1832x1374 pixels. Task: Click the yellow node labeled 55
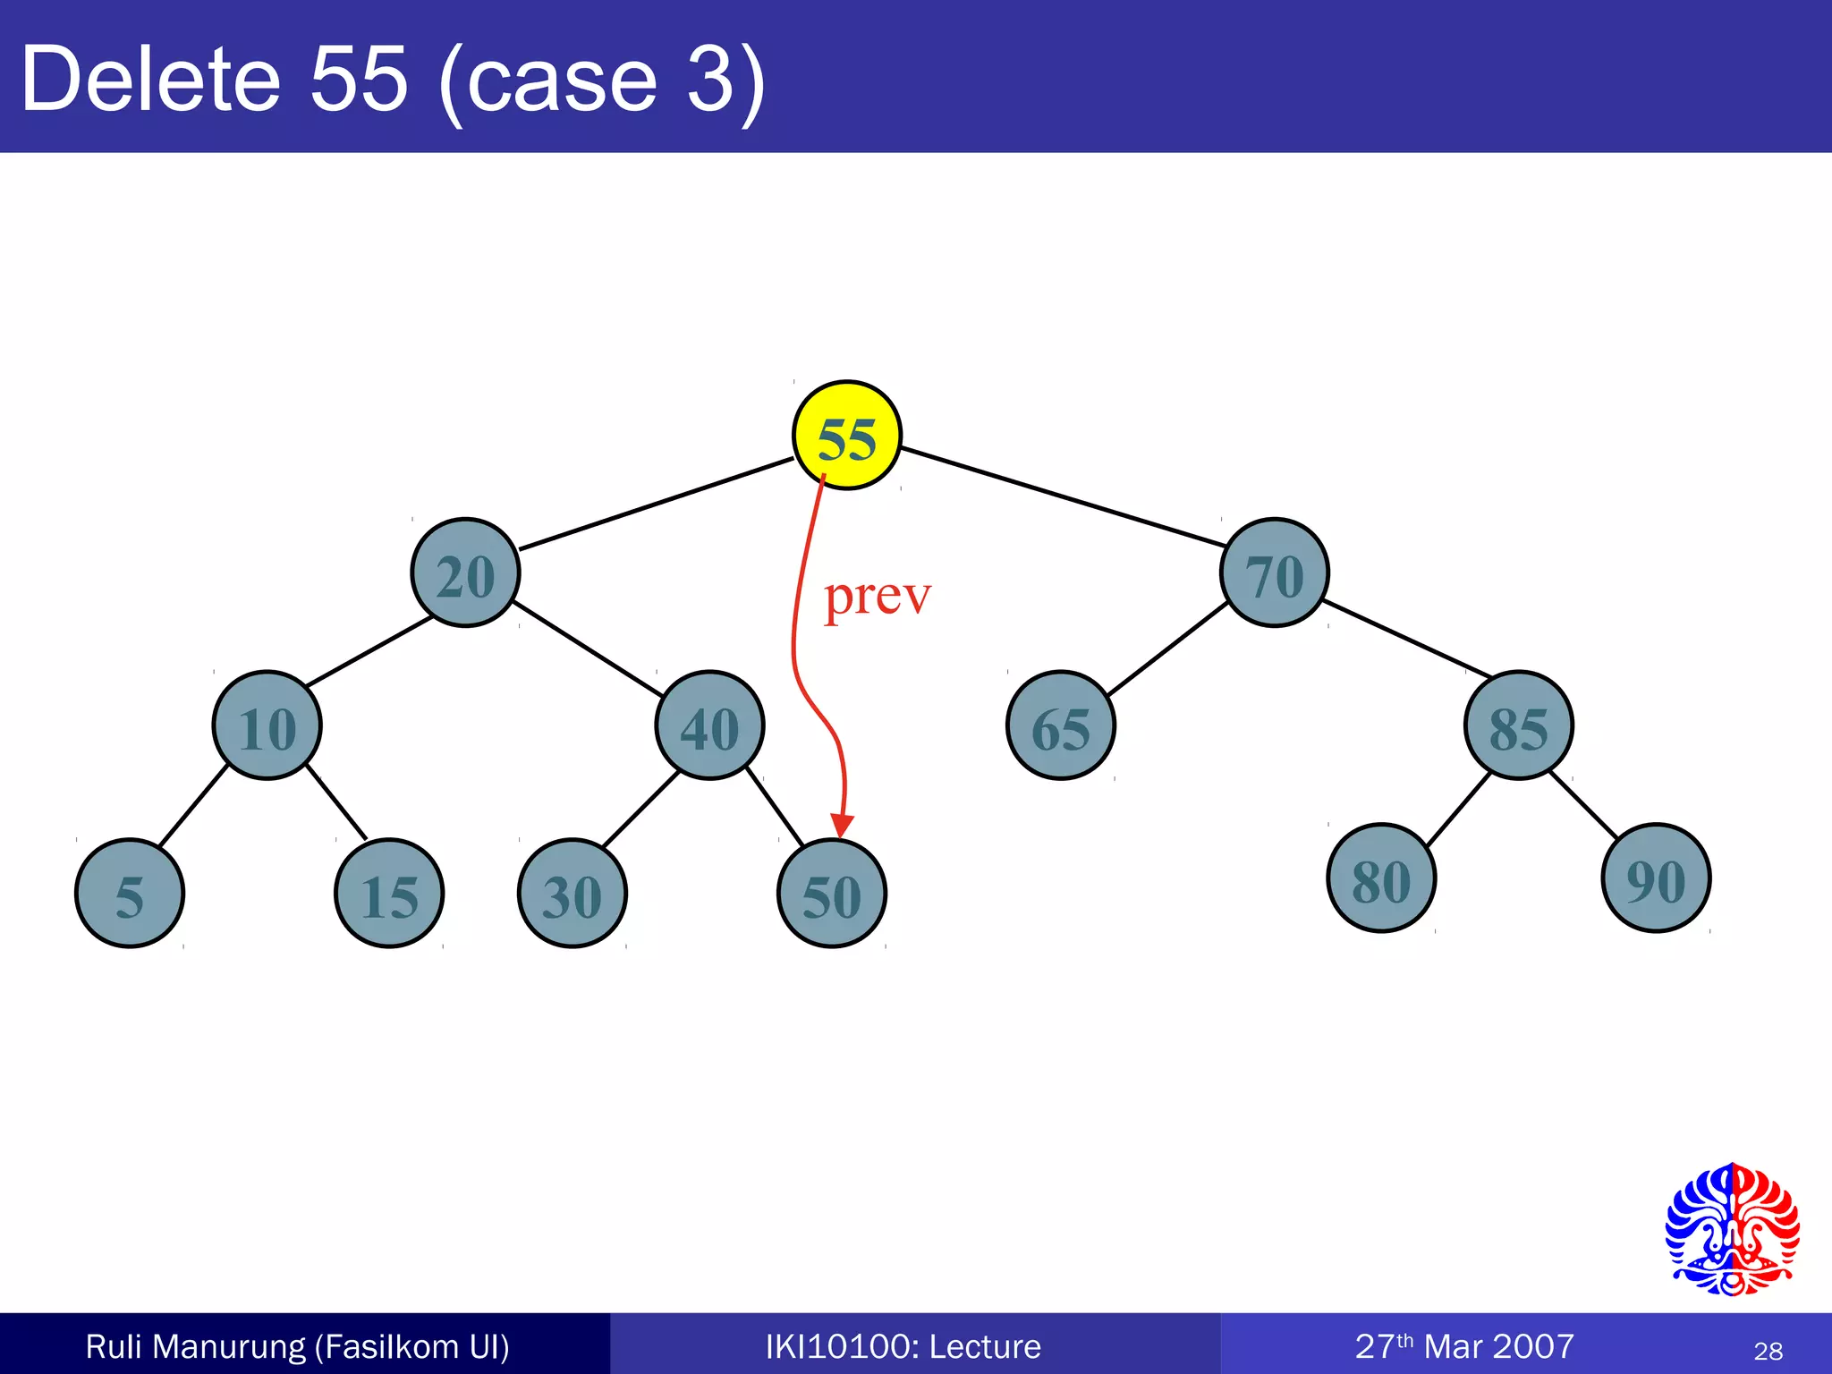[x=847, y=436]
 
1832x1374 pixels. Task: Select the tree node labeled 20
[x=465, y=572]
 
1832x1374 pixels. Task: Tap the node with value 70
[x=1275, y=572]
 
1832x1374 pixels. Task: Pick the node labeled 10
[x=267, y=725]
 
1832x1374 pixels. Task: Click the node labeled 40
[x=709, y=725]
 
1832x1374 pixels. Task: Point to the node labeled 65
[x=1061, y=725]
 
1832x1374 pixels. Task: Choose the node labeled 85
[x=1518, y=725]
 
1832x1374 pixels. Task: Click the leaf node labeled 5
[x=130, y=893]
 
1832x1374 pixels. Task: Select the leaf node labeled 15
[x=389, y=893]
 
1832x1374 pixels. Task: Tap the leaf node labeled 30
[x=572, y=893]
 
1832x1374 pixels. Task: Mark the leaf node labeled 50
[x=832, y=893]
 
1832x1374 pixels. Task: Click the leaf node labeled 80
[x=1381, y=878]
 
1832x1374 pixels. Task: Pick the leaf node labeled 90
[x=1656, y=878]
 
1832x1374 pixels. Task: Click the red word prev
[x=877, y=597]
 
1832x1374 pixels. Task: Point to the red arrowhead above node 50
[x=841, y=825]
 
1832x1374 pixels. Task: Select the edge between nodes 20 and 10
[x=369, y=651]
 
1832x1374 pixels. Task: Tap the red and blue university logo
[x=1732, y=1229]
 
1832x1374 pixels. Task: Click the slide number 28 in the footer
[x=1768, y=1351]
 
